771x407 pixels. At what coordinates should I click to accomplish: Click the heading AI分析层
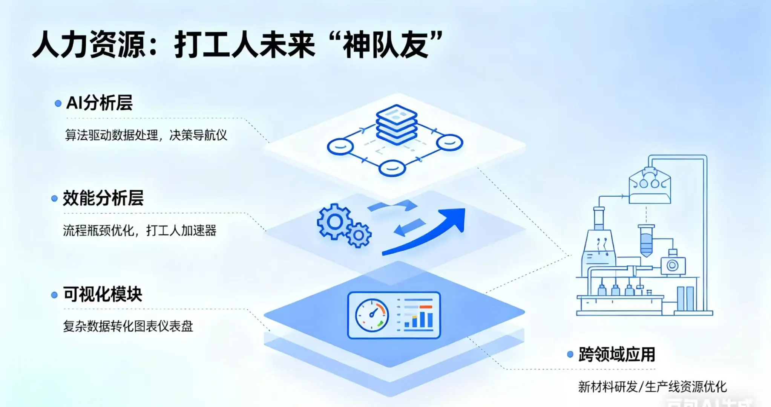(x=99, y=103)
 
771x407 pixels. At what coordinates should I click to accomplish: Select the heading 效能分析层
(x=103, y=198)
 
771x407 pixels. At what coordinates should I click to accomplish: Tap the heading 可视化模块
(x=103, y=294)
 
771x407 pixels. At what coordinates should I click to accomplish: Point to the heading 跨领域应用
(x=617, y=354)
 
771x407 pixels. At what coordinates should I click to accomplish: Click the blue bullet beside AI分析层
(x=58, y=103)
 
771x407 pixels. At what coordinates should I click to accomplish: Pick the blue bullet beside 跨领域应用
(x=570, y=354)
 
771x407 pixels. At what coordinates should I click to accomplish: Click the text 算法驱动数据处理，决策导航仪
(x=146, y=135)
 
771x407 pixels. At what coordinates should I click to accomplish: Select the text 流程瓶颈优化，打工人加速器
(x=139, y=230)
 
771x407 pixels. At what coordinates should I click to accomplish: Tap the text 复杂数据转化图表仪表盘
(x=128, y=326)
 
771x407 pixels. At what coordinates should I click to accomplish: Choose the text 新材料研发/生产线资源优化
(x=652, y=386)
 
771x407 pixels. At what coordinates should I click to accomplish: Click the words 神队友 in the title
(x=387, y=45)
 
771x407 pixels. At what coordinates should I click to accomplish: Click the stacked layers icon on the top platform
(x=397, y=124)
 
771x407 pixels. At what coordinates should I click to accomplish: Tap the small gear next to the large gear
(x=359, y=235)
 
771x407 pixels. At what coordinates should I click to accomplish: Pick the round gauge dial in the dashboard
(x=372, y=315)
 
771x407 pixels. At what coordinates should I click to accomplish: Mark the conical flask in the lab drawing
(x=599, y=251)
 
